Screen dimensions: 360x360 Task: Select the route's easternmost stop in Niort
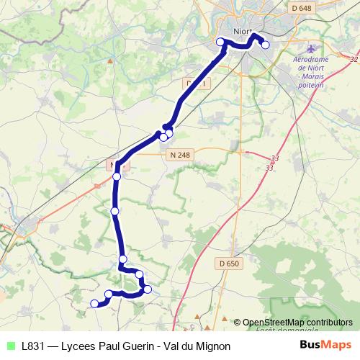coord(266,45)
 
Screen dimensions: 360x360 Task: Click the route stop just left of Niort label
coord(220,42)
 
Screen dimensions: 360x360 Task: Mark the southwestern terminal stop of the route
coord(94,304)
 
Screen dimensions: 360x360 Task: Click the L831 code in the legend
coord(33,346)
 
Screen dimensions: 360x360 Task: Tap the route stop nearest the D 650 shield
coord(148,289)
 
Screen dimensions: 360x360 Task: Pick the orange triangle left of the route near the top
coord(110,61)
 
